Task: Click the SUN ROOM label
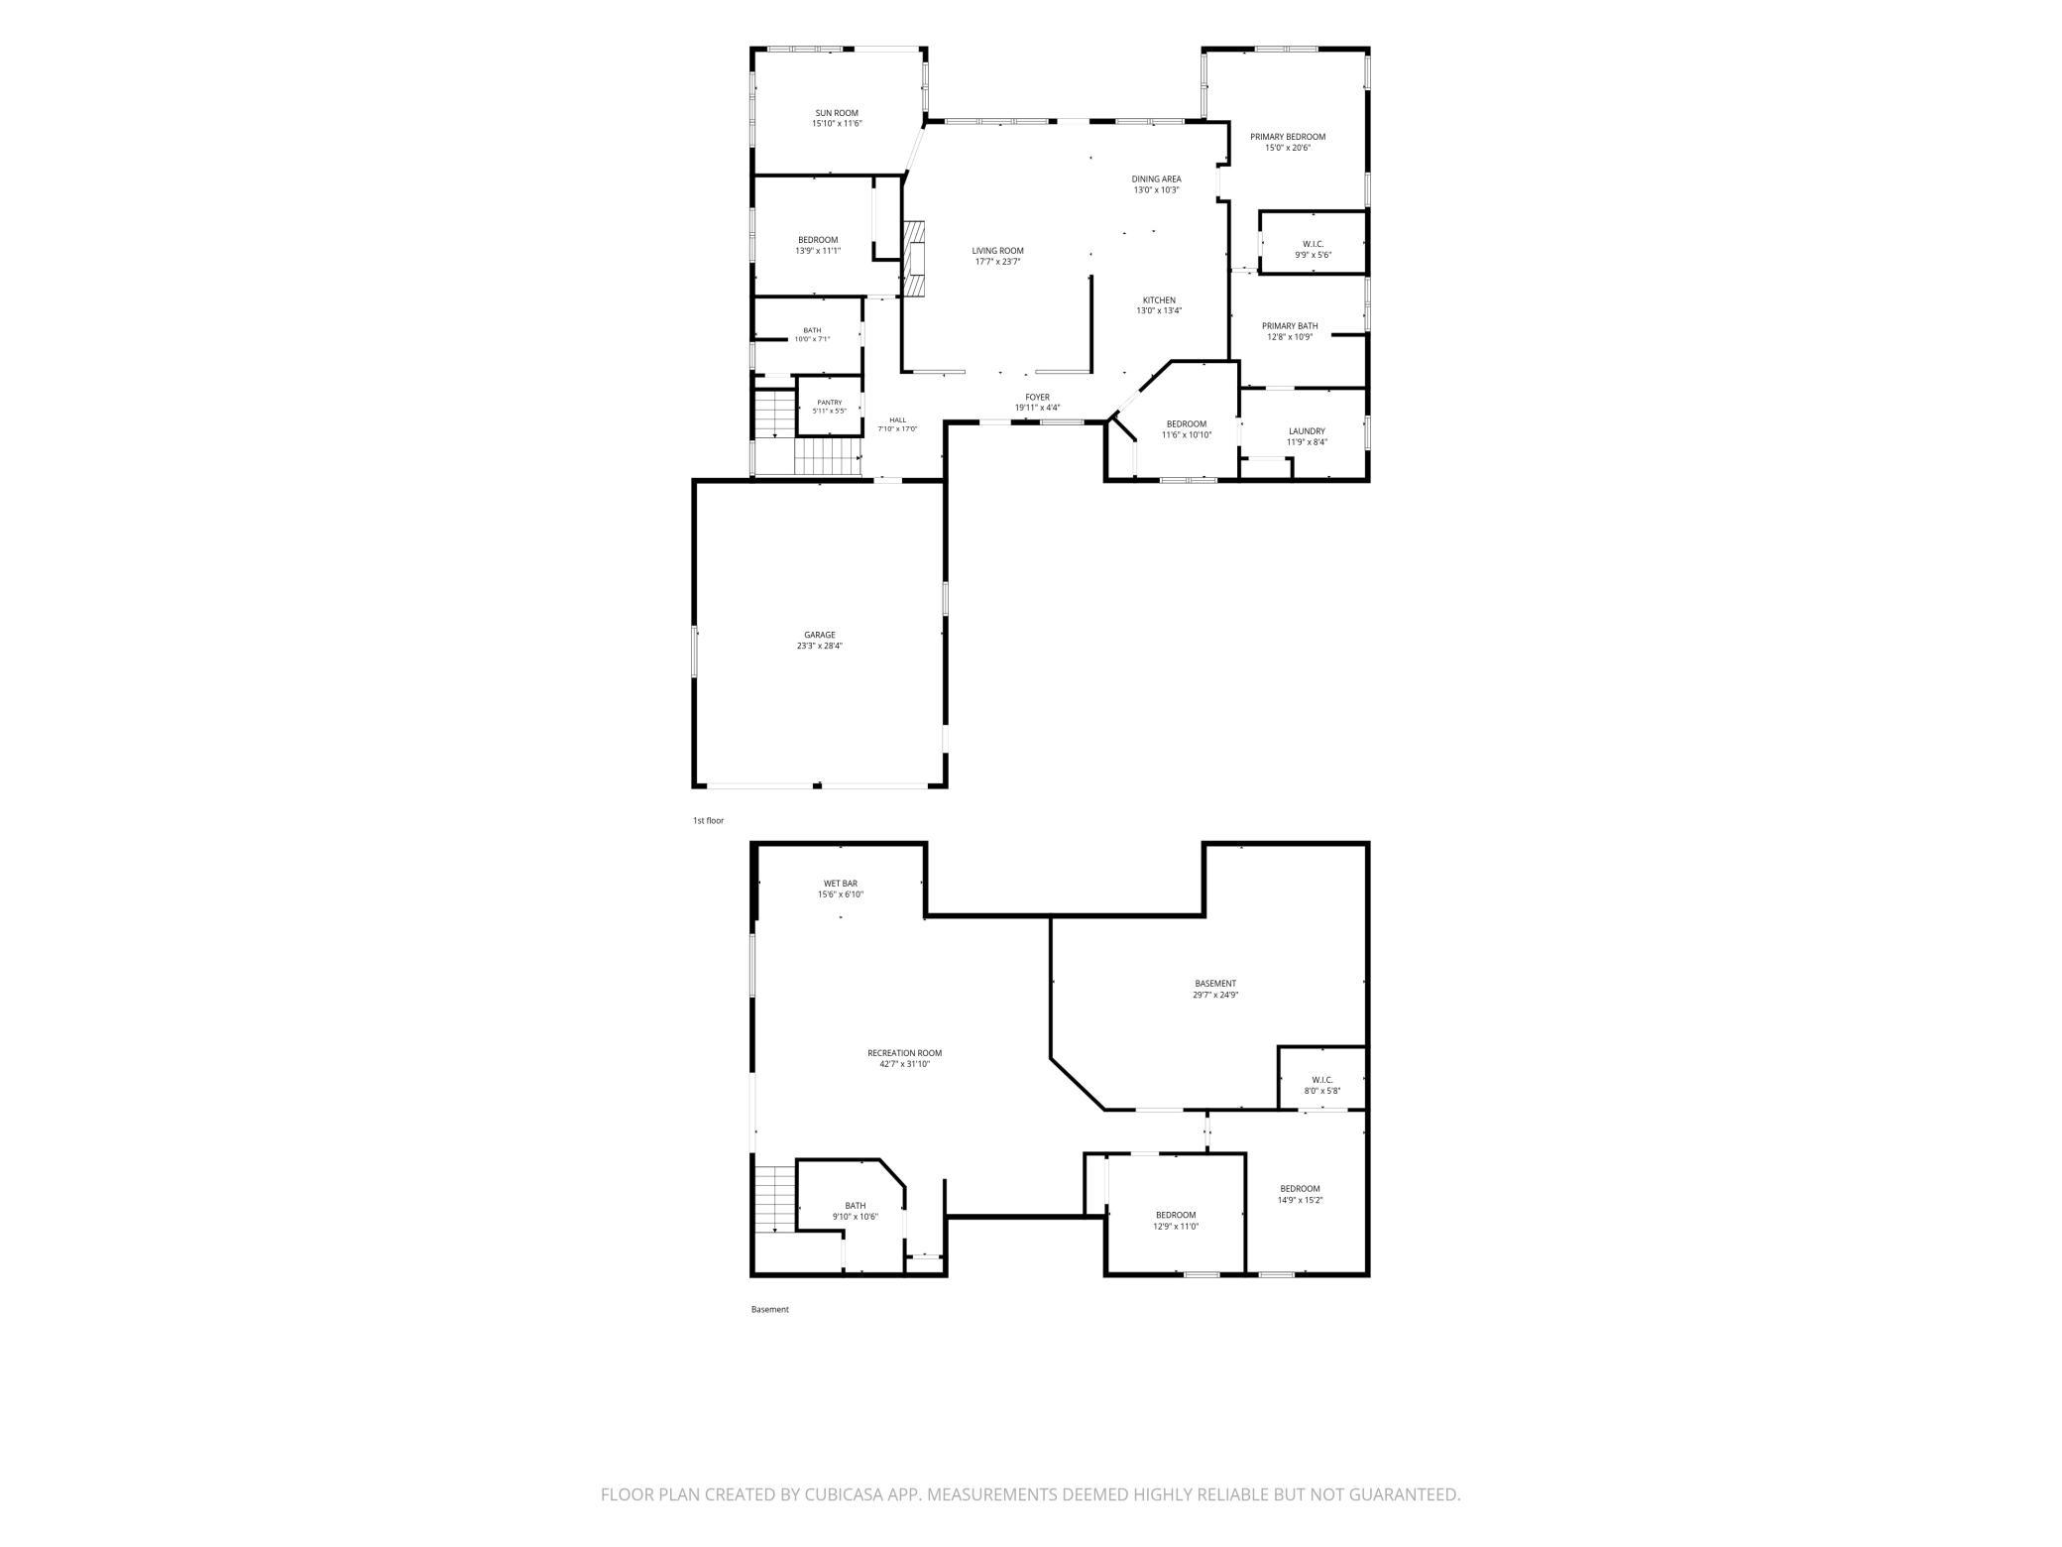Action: pos(837,118)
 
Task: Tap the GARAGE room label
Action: pos(819,641)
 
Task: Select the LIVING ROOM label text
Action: pos(997,256)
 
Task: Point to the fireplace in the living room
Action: pos(913,258)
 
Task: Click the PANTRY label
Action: pos(830,407)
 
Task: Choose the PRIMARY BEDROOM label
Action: pos(1287,142)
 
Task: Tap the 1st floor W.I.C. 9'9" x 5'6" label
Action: pos(1313,249)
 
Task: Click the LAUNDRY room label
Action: pos(1307,436)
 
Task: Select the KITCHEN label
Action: pos(1159,305)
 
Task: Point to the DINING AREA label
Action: pos(1156,184)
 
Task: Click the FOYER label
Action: pos(1037,403)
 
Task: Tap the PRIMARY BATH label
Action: pos(1289,331)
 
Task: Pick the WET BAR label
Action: pos(840,889)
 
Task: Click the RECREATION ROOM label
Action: pos(904,1058)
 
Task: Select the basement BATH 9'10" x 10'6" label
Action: pos(855,1211)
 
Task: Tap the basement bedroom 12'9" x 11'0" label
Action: pos(1176,1220)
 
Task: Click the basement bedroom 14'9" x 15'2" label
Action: pos(1300,1194)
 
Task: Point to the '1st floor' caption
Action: pos(708,821)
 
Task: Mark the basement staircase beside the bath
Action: pos(774,1200)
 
